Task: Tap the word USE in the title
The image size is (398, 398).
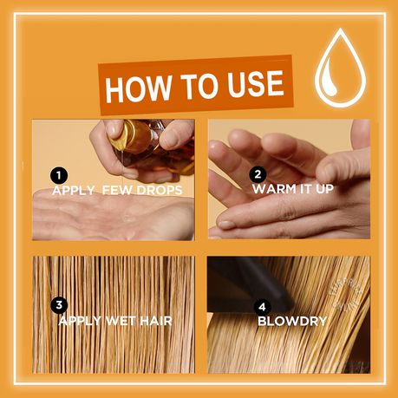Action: click(256, 83)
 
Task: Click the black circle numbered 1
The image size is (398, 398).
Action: click(59, 175)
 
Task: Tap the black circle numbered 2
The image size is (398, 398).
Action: click(258, 174)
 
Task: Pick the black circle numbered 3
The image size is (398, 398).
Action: click(59, 305)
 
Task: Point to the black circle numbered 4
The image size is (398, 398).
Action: click(262, 307)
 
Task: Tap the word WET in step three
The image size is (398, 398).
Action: click(121, 321)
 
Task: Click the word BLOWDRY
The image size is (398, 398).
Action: click(292, 321)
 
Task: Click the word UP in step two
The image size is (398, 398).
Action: click(324, 189)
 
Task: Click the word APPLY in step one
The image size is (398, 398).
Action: click(74, 191)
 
